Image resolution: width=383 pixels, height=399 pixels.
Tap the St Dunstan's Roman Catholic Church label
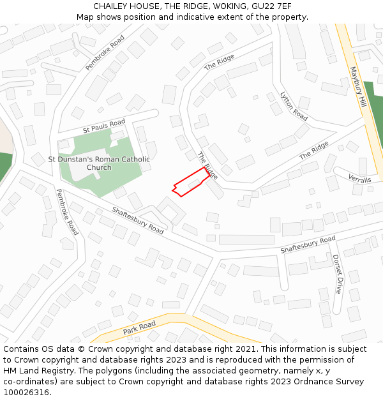(x=99, y=163)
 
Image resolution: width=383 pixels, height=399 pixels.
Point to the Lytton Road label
(x=294, y=106)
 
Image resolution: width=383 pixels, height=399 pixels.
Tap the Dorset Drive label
(x=338, y=274)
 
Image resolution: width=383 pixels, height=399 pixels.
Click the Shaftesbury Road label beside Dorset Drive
(x=308, y=244)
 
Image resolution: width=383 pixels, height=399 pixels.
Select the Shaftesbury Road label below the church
(x=138, y=220)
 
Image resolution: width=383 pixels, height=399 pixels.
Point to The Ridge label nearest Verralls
(x=313, y=151)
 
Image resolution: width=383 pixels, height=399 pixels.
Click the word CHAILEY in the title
(x=111, y=6)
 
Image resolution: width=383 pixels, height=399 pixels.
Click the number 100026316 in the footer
(x=26, y=393)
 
